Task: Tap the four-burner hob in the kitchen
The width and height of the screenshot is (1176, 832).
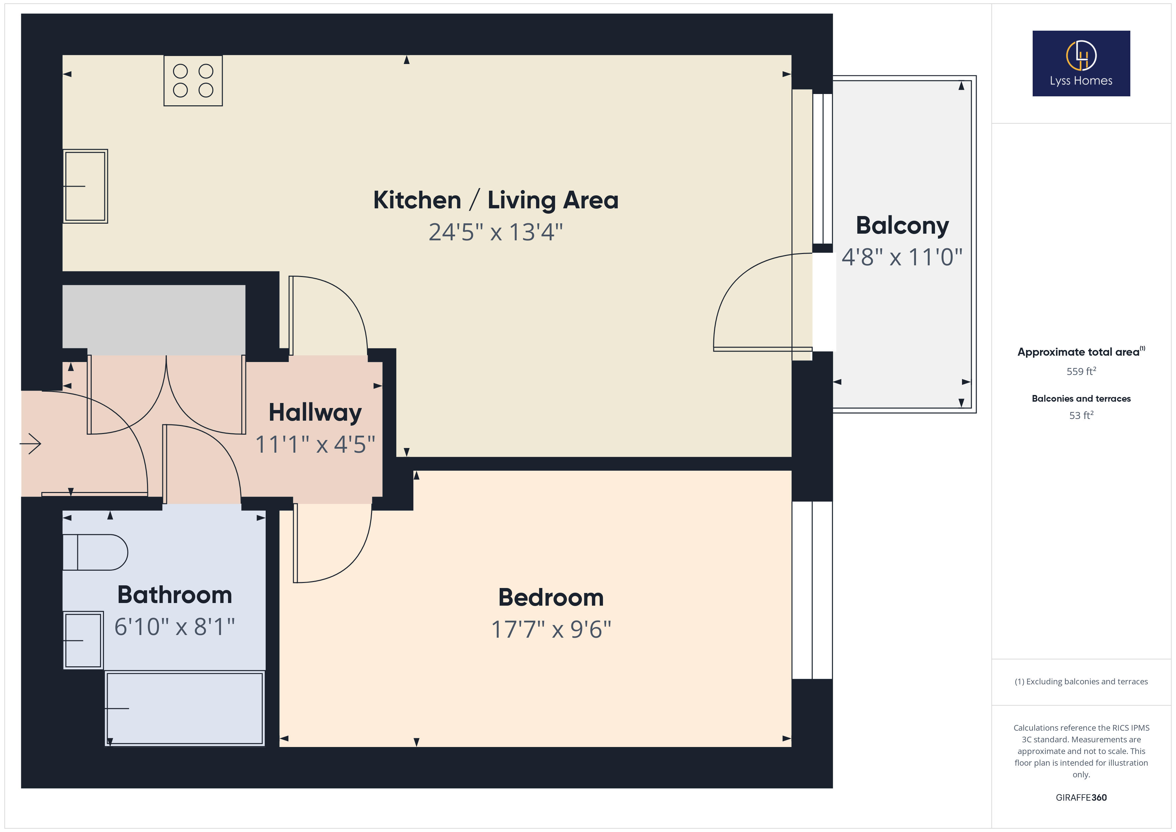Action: point(193,80)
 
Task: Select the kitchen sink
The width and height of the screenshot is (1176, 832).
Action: point(85,186)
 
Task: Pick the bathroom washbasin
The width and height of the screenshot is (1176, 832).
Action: point(83,640)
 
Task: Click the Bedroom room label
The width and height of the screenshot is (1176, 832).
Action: point(551,597)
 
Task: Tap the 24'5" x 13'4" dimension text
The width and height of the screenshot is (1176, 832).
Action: point(495,232)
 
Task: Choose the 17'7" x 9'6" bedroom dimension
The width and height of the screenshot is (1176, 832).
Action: point(551,629)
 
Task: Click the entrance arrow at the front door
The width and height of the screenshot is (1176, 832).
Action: point(31,444)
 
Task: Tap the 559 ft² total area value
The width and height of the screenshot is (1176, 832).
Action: point(1081,371)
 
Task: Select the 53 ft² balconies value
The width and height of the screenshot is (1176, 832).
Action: point(1081,415)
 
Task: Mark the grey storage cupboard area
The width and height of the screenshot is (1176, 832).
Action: point(154,320)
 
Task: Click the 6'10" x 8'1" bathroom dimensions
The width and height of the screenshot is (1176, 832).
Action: point(175,627)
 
